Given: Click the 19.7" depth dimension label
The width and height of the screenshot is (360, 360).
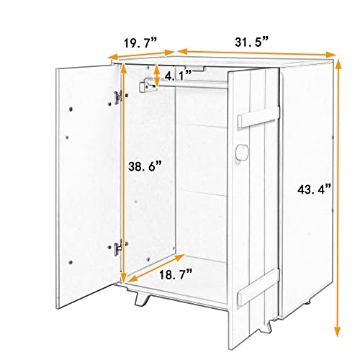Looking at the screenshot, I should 141,43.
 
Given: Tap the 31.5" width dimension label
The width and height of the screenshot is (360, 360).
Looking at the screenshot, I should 252,42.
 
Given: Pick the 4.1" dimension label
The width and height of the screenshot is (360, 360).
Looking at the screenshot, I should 177,74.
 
